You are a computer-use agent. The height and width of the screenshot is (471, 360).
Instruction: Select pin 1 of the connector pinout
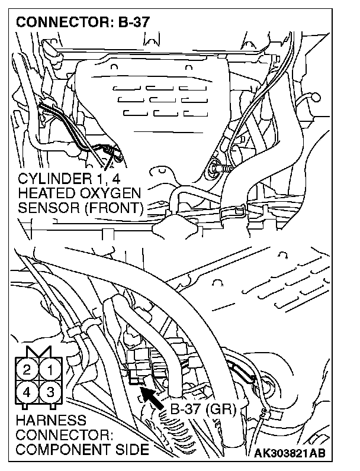tap(50, 371)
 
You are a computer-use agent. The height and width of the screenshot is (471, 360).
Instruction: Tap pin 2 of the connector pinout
tap(27, 371)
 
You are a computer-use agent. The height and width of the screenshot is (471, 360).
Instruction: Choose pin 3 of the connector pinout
tap(50, 391)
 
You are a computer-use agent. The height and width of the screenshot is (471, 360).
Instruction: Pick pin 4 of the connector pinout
tap(27, 391)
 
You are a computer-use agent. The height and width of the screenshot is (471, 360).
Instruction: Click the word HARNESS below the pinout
tap(44, 421)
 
